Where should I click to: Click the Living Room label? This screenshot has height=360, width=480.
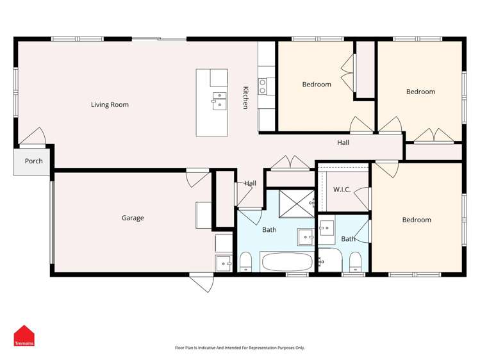pos(110,104)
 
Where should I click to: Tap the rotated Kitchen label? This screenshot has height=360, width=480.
pos(245,97)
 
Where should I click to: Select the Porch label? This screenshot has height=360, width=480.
pos(33,161)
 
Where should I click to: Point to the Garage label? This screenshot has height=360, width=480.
pos(133,218)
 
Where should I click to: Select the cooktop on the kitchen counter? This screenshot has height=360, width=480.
pos(263,86)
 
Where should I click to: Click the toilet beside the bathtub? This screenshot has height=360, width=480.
pos(245,261)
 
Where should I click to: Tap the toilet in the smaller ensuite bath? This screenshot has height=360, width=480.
pos(355,261)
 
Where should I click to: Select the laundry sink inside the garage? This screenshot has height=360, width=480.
pos(224,262)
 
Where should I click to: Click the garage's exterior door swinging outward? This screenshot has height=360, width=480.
pos(201,282)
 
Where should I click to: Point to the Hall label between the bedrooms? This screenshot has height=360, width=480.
pos(343,142)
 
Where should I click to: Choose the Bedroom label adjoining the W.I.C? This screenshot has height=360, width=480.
pos(417,220)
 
